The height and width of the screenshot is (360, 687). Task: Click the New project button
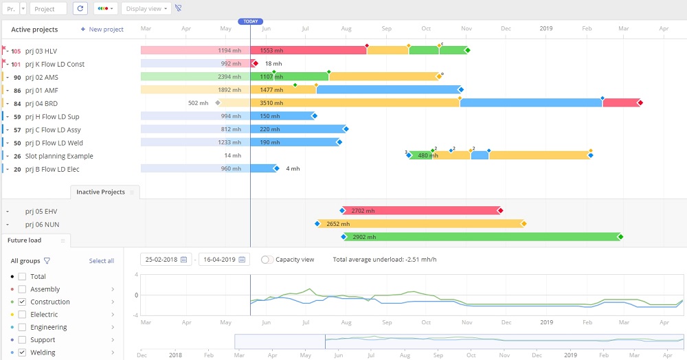point(102,30)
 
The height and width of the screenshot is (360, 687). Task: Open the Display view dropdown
point(146,8)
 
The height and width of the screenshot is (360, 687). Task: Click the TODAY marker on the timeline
point(251,21)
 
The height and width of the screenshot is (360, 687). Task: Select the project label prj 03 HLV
point(41,51)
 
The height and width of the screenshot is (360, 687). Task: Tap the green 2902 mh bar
point(481,237)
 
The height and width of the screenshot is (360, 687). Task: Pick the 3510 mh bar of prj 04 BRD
point(354,103)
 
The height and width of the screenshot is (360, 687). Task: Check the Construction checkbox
point(23,302)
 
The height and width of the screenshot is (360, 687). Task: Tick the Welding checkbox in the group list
point(23,352)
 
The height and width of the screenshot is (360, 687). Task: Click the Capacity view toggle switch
point(267,260)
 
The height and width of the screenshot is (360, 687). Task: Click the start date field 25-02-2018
point(165,260)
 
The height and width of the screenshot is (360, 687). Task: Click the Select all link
point(102,261)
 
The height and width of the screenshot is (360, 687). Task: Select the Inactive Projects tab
point(100,192)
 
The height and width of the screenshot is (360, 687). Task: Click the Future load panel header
point(25,240)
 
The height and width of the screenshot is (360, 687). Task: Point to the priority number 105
point(16,51)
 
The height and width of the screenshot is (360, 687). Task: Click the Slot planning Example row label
point(59,156)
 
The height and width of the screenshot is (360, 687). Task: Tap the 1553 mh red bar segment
point(308,51)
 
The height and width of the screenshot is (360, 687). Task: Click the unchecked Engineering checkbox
point(23,328)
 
